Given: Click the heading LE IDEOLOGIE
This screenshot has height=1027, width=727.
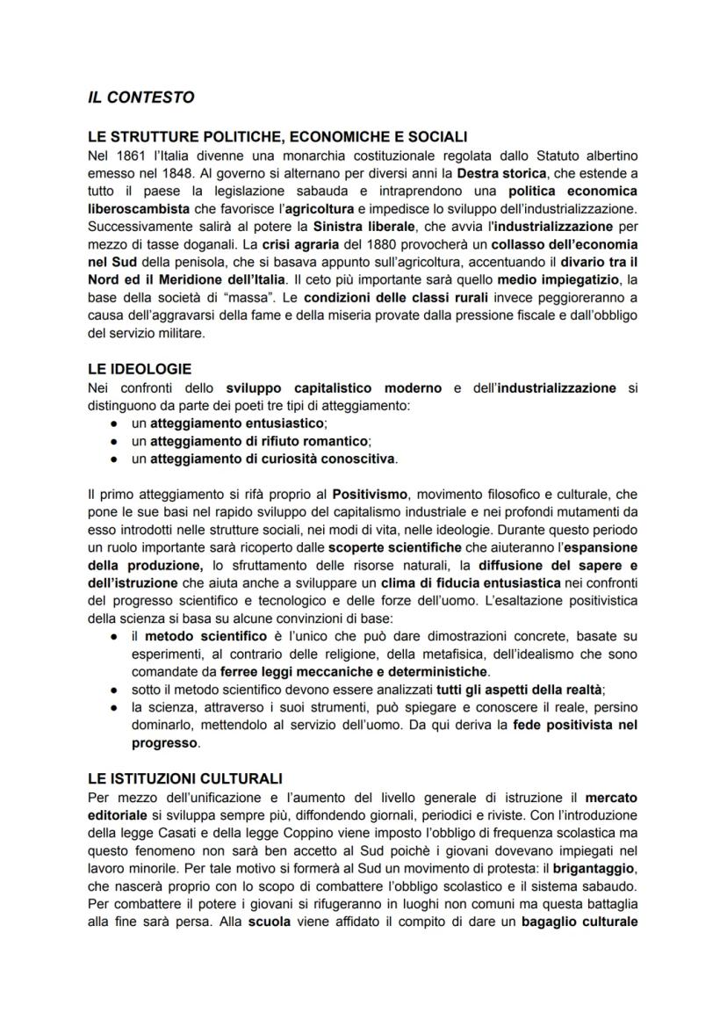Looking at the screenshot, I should (x=140, y=370).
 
